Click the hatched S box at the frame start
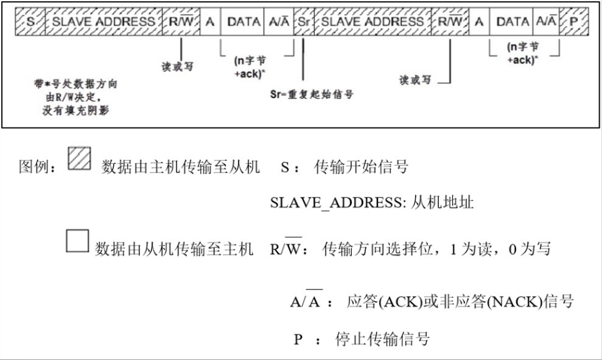click(30, 21)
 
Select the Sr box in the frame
click(304, 21)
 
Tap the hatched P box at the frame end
click(574, 21)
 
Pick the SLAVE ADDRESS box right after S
click(103, 21)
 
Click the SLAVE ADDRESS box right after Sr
click(373, 21)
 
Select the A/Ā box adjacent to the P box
click(547, 21)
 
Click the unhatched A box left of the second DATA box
click(479, 21)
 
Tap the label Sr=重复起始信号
click(312, 94)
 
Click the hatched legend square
click(80, 158)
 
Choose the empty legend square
click(77, 241)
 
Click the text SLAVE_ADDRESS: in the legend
click(338, 202)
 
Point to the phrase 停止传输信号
click(382, 339)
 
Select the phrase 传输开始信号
click(361, 167)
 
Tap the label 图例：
click(38, 167)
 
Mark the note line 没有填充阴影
click(75, 111)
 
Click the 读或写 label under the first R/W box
click(177, 66)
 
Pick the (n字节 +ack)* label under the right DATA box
click(522, 54)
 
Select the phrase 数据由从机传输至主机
click(174, 249)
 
